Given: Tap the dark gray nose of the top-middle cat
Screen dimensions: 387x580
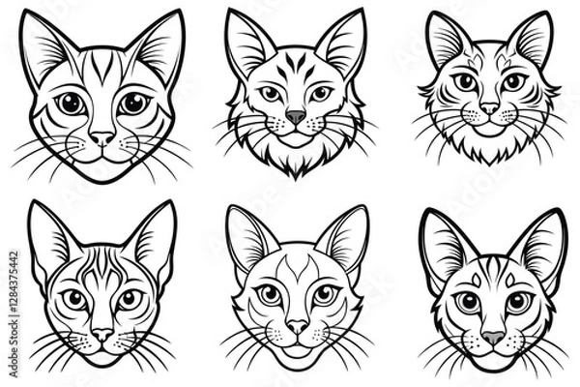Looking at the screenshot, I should (x=296, y=116).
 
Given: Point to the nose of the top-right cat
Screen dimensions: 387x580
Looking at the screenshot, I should (x=490, y=109).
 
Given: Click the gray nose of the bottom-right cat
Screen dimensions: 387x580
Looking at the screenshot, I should (x=493, y=338).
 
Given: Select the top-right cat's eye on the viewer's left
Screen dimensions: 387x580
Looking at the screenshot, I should (x=466, y=82).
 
